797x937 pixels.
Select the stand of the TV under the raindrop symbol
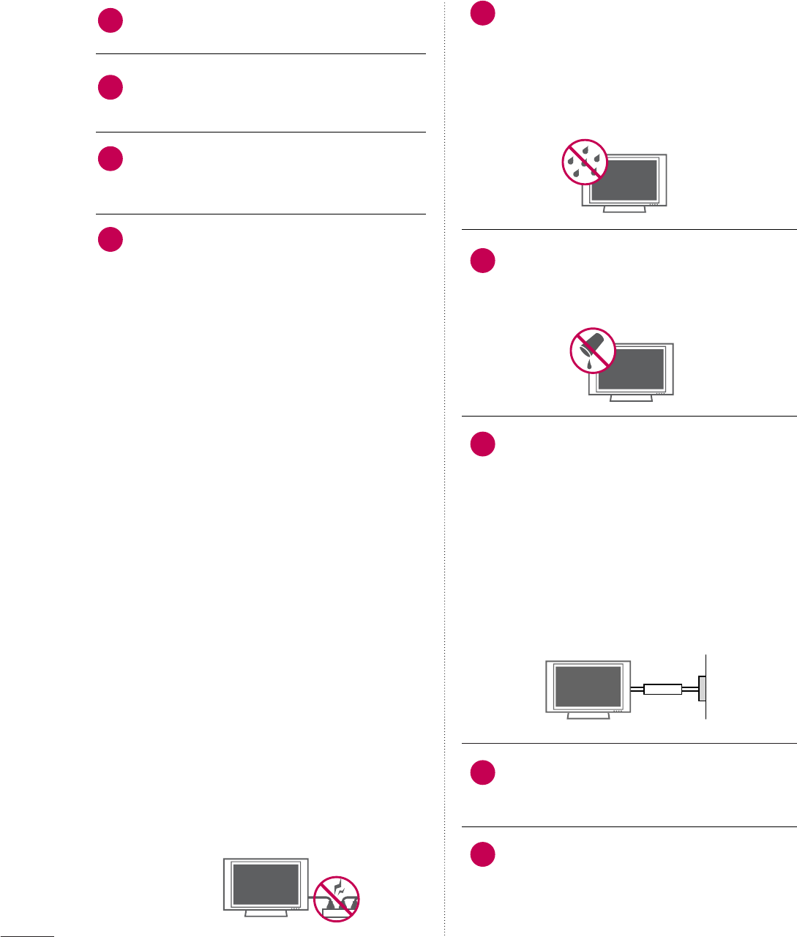tap(624, 209)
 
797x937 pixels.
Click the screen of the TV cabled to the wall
tap(588, 686)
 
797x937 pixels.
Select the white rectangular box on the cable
tap(662, 689)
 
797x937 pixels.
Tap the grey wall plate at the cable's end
tap(702, 688)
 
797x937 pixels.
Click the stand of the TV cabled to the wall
tap(588, 714)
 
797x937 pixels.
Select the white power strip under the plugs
tap(338, 914)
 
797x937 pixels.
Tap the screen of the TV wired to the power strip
tap(266, 884)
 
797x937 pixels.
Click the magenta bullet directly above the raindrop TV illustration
tap(482, 14)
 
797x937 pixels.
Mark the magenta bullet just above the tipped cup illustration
tap(482, 261)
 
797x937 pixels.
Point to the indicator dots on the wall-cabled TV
tap(618, 711)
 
